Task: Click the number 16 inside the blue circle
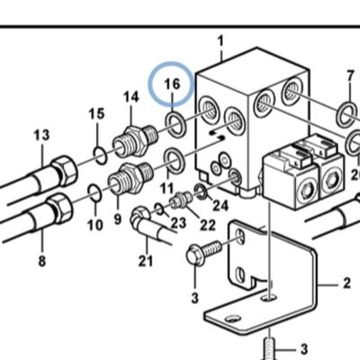[172, 84]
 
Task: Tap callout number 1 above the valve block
[220, 41]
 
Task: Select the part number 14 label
[131, 97]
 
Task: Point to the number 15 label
[96, 114]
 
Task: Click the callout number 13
[41, 135]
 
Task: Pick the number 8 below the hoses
[42, 261]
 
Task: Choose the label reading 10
[95, 225]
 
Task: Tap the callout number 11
[166, 189]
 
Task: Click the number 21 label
[146, 261]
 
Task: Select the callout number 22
[208, 225]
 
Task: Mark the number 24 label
[220, 206]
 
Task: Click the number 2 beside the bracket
[346, 283]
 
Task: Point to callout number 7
[350, 76]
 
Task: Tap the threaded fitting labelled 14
[135, 140]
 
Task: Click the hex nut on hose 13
[64, 170]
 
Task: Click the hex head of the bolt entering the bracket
[195, 256]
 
